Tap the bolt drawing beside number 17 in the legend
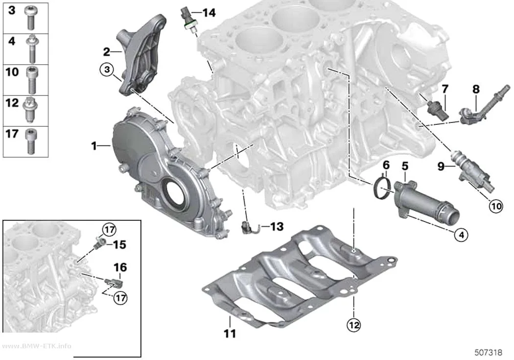point(30,141)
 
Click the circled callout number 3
point(107,70)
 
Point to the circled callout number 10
point(495,206)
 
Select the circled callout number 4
point(461,235)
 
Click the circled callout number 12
point(353,325)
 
